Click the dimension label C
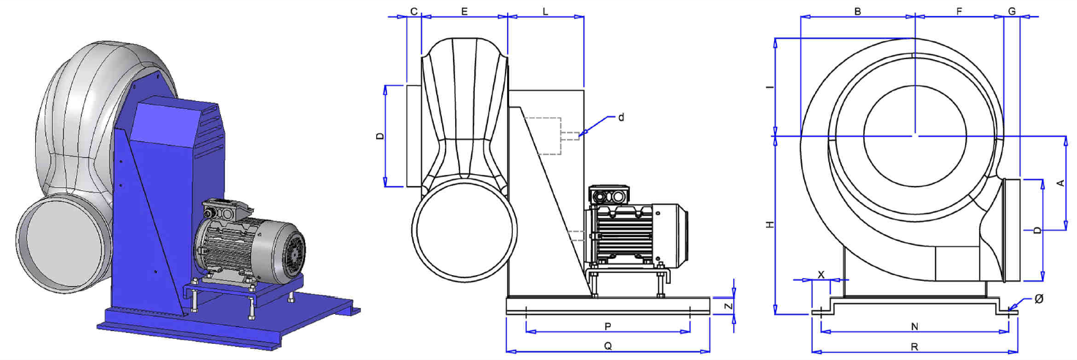pos(414,11)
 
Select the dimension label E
pos(465,11)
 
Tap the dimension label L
pos(545,11)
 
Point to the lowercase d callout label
pos(620,117)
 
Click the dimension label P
pos(608,327)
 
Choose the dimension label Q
pos(608,346)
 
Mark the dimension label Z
pos(729,306)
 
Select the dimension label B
pos(858,11)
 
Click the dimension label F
pos(959,11)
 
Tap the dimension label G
pos(1012,11)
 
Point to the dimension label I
pos(770,87)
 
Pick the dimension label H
pos(770,225)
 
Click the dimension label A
pos(1060,183)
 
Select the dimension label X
pos(821,275)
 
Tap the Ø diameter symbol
pos(1038,299)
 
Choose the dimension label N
pos(915,327)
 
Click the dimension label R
pos(915,347)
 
